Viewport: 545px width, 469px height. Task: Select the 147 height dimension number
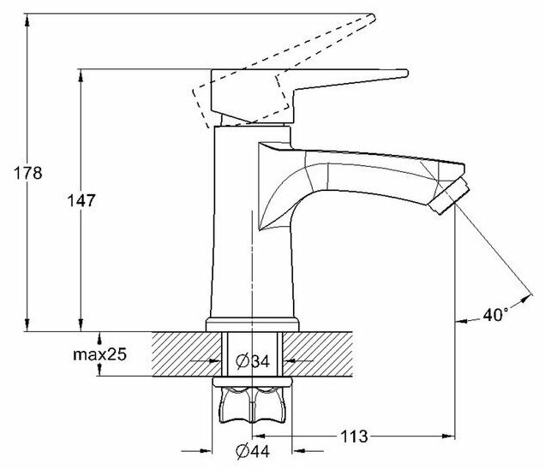(78, 200)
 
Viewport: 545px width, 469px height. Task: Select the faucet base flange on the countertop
(254, 323)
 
